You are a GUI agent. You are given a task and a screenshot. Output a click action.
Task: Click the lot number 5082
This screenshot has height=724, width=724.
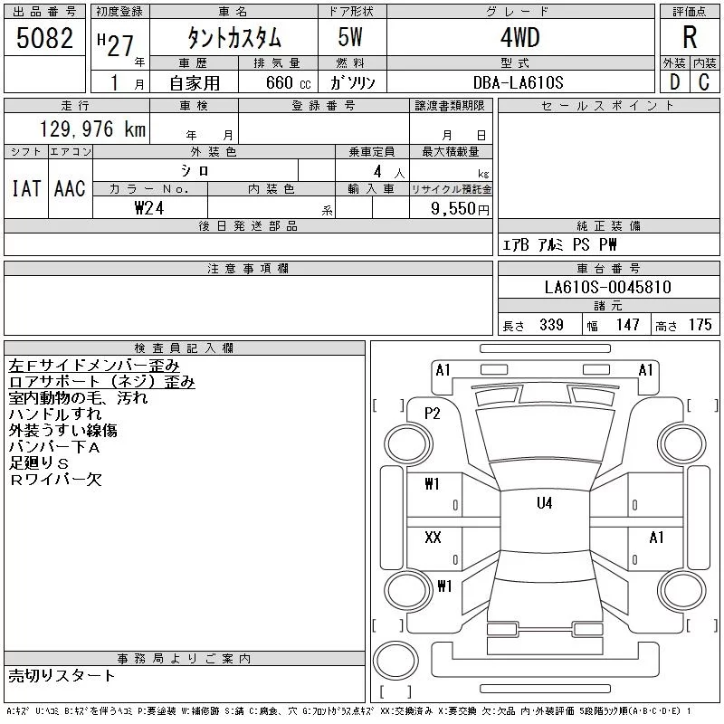point(44,38)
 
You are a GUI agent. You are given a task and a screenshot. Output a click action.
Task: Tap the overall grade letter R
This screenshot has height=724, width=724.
point(690,37)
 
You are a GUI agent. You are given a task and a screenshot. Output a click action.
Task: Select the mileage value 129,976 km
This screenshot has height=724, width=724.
point(92,129)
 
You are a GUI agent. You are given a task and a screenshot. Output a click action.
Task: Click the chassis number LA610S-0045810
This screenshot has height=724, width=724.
point(607,287)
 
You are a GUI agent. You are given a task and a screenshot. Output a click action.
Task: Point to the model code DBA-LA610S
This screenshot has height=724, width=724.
point(518,82)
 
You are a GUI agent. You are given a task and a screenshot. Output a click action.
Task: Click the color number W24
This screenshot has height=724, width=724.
point(149,208)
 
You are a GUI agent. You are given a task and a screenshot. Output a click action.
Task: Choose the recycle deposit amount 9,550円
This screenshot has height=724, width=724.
point(460,209)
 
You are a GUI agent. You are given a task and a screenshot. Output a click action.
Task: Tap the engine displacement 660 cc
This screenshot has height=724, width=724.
point(288,83)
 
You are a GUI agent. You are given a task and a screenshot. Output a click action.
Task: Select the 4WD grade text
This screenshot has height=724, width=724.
point(519,37)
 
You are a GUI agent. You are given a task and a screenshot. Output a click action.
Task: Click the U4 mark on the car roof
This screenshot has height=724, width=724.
point(545,503)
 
